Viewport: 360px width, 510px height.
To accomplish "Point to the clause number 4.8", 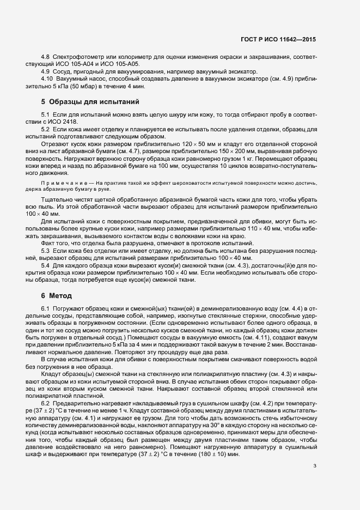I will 46,57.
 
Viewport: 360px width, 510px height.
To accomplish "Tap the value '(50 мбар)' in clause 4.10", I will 76,86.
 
